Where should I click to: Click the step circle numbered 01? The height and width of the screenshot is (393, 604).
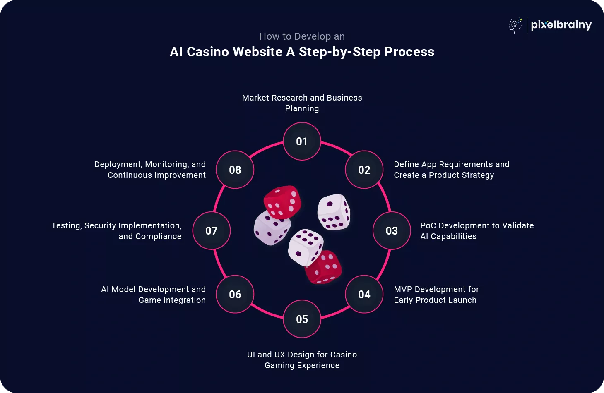click(302, 141)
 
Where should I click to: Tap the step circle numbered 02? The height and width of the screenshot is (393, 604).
click(364, 170)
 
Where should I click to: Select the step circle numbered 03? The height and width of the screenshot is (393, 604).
click(392, 231)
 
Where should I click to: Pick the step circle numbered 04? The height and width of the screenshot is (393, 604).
click(364, 295)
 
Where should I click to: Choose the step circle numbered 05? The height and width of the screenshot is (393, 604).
click(302, 319)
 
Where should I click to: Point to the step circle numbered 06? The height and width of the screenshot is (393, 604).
click(235, 295)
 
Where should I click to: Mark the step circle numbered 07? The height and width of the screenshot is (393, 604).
click(212, 231)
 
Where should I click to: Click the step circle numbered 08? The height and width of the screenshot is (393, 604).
click(235, 170)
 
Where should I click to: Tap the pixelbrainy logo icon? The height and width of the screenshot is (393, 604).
click(515, 25)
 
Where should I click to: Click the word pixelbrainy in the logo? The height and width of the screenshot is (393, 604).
click(561, 25)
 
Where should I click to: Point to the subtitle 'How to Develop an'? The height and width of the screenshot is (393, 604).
click(302, 36)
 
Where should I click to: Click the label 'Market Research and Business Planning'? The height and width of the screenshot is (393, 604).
click(302, 103)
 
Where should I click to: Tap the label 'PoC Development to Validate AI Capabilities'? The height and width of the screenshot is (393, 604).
click(477, 231)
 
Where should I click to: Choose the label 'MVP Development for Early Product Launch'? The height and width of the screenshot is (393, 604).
click(436, 295)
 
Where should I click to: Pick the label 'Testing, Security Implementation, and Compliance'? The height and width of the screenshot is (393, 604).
click(117, 231)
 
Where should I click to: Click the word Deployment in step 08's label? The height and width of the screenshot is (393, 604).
click(118, 165)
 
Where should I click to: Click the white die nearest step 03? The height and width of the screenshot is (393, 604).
click(334, 211)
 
